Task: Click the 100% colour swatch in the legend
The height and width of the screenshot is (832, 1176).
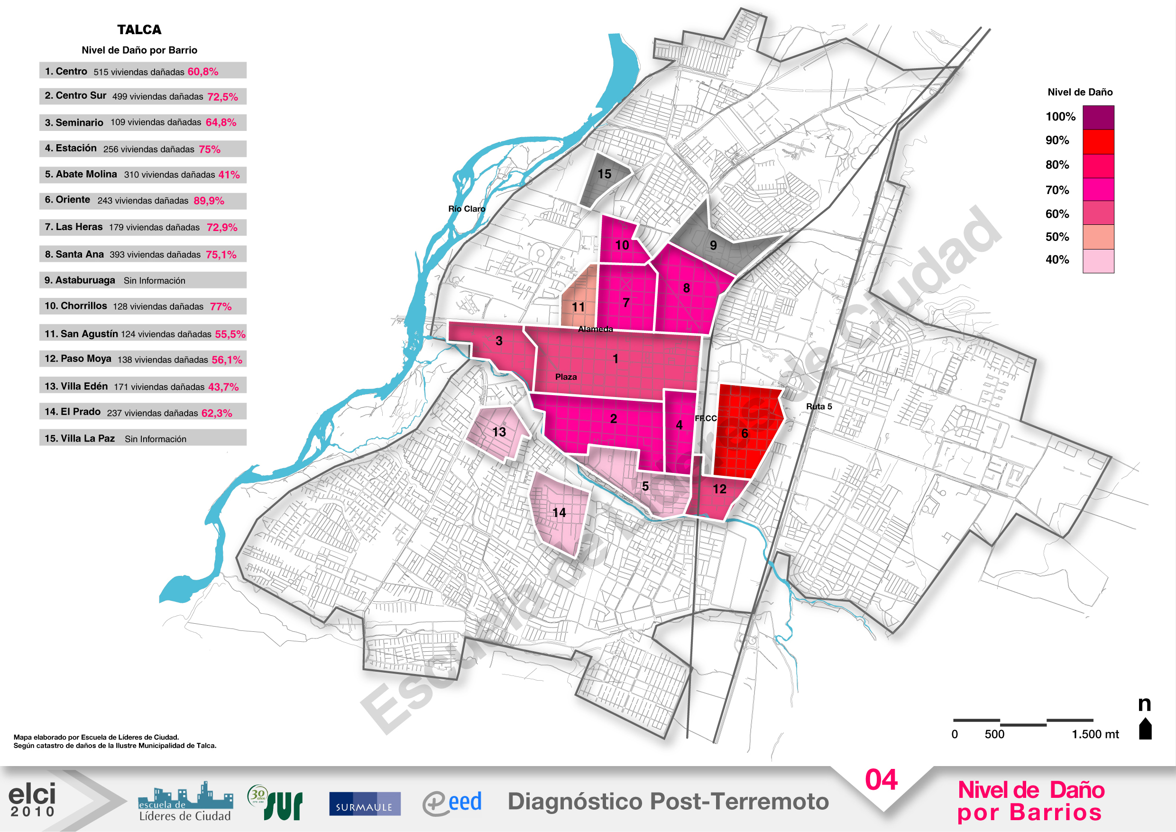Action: [x=1098, y=117]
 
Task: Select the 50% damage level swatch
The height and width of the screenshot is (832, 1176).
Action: [x=1098, y=237]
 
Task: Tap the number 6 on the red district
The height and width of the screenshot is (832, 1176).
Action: [x=745, y=434]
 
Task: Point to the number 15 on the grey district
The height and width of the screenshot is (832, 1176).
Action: [x=605, y=174]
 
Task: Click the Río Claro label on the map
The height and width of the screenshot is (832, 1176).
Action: [x=467, y=209]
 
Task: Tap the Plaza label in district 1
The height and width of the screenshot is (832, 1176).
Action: [x=566, y=377]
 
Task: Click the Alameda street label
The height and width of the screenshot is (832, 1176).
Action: [x=595, y=329]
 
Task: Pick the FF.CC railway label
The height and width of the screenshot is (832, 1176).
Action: [x=706, y=418]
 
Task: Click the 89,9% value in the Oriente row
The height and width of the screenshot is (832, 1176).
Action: [x=209, y=201]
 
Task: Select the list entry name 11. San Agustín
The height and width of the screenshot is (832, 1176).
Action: [x=81, y=334]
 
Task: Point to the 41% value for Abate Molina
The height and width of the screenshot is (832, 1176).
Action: [x=229, y=175]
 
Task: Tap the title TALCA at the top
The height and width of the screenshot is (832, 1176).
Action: [x=139, y=30]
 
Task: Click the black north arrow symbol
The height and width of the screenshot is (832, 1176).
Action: [x=1145, y=729]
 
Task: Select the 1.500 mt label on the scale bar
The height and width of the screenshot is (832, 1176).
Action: [x=1095, y=734]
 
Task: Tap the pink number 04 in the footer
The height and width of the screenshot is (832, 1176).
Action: [x=881, y=781]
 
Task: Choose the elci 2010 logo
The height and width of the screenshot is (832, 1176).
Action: [x=32, y=800]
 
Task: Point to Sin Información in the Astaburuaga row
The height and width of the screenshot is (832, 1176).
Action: [x=154, y=281]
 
